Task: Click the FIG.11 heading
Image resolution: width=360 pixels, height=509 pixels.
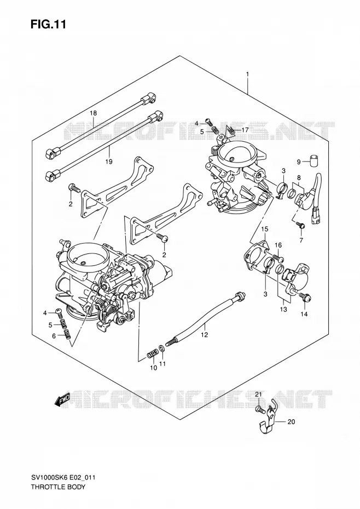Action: click(x=48, y=25)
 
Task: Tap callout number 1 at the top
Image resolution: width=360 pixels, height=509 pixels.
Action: click(x=247, y=74)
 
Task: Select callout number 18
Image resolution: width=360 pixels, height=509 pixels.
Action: click(x=94, y=113)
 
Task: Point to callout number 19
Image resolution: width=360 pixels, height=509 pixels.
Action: click(x=109, y=161)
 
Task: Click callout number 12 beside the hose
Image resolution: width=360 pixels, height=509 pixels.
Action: click(x=204, y=334)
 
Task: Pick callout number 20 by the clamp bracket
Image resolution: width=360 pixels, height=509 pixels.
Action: click(x=291, y=421)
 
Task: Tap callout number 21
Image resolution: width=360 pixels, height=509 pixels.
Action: click(x=258, y=395)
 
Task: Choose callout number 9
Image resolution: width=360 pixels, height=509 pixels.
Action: click(x=299, y=161)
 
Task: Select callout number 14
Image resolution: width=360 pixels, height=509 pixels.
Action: click(x=304, y=314)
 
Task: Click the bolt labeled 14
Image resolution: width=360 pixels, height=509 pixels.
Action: click(x=306, y=297)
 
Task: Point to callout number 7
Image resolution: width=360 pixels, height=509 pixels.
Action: click(x=301, y=240)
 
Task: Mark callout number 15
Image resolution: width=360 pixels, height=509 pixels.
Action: click(x=265, y=229)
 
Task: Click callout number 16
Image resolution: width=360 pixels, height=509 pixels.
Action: click(x=278, y=245)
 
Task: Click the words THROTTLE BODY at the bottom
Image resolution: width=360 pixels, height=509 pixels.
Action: click(x=58, y=487)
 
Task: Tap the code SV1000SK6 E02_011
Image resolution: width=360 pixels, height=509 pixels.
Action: click(x=63, y=477)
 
